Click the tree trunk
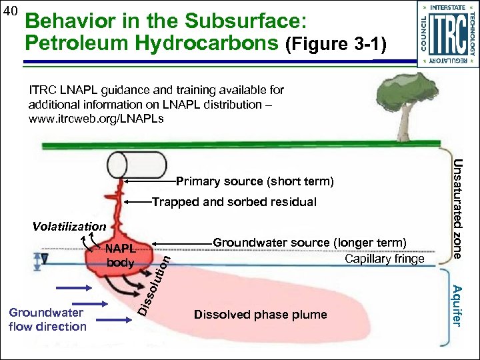(x=404, y=123)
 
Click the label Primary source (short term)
(x=255, y=181)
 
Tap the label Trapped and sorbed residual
(x=235, y=202)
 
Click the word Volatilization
(x=69, y=227)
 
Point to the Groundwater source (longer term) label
(x=309, y=243)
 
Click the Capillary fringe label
(x=384, y=259)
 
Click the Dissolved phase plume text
(x=260, y=315)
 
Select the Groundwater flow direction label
(x=47, y=319)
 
